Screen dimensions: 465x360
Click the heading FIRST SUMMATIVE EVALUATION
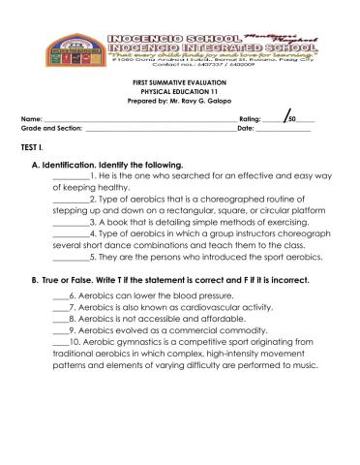pos(179,84)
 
